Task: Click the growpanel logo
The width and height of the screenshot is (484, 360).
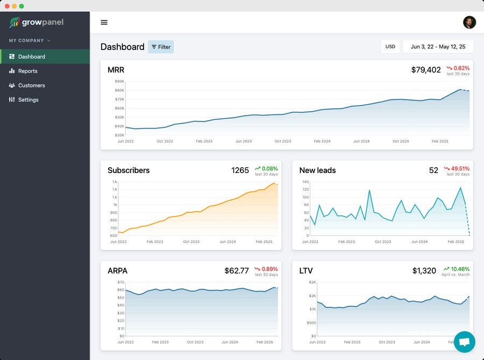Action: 36,23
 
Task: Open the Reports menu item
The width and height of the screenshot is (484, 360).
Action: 27,71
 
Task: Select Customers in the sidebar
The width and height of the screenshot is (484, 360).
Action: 31,85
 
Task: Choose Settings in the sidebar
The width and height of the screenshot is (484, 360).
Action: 28,100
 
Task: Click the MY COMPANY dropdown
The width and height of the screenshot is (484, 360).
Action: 30,40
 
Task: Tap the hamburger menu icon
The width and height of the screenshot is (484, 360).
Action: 104,23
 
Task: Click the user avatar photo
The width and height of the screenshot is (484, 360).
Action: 469,22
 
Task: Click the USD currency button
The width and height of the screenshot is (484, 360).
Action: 390,47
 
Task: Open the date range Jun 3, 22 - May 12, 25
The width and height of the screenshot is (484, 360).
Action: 438,47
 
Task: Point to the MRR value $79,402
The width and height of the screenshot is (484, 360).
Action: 426,70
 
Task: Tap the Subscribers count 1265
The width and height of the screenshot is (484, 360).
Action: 240,170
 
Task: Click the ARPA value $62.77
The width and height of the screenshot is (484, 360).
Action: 237,271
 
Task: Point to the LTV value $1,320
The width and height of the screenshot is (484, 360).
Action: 424,271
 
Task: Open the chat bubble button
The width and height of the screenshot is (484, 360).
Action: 464,342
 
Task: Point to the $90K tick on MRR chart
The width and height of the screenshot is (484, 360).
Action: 119,82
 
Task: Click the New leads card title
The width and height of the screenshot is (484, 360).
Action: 317,170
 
